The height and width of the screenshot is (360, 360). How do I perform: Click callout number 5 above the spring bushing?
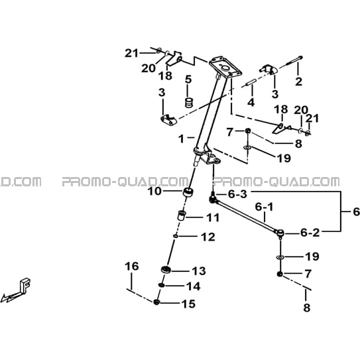(188, 80)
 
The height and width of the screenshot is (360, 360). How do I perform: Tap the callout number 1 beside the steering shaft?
(182, 139)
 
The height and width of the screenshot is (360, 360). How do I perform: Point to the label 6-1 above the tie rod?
(265, 207)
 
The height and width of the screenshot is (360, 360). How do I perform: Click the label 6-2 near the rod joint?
(310, 233)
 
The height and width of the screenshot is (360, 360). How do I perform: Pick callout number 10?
(154, 191)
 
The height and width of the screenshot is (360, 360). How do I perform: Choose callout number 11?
(213, 217)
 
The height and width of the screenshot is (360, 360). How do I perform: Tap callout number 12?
(208, 237)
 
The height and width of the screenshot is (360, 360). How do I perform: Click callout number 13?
(199, 271)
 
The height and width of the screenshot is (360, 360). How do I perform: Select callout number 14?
(194, 286)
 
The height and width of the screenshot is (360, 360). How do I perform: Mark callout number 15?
(188, 304)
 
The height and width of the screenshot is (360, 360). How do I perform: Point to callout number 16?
(132, 267)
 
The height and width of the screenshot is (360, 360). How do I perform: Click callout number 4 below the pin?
(251, 102)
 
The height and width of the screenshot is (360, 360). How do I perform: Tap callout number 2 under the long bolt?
(298, 82)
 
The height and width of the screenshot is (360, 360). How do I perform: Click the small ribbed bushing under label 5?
(189, 102)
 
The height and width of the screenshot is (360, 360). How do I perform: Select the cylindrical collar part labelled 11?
(182, 215)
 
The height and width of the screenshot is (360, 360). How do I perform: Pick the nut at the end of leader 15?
(156, 302)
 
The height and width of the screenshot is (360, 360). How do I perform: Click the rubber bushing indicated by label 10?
(188, 192)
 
